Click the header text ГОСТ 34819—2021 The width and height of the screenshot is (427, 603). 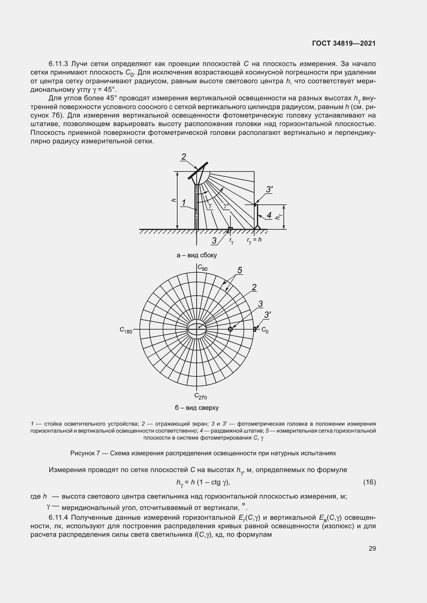(x=344, y=43)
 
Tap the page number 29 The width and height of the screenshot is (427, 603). (x=372, y=548)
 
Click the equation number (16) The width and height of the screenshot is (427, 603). (x=369, y=482)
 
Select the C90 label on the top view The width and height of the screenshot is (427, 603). (x=202, y=268)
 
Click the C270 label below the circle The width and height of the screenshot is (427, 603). (x=201, y=396)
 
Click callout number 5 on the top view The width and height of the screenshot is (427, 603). (x=240, y=270)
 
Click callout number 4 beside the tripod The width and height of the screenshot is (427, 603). (x=269, y=215)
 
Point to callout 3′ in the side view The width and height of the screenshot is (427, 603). (x=269, y=189)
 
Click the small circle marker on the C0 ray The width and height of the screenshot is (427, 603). (x=230, y=329)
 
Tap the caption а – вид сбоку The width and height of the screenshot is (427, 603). (x=197, y=255)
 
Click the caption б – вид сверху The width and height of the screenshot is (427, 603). (x=197, y=408)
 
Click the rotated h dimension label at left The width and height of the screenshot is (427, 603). (x=173, y=200)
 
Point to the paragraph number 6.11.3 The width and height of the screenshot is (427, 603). (x=58, y=64)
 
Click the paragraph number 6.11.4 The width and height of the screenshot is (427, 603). (x=58, y=517)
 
